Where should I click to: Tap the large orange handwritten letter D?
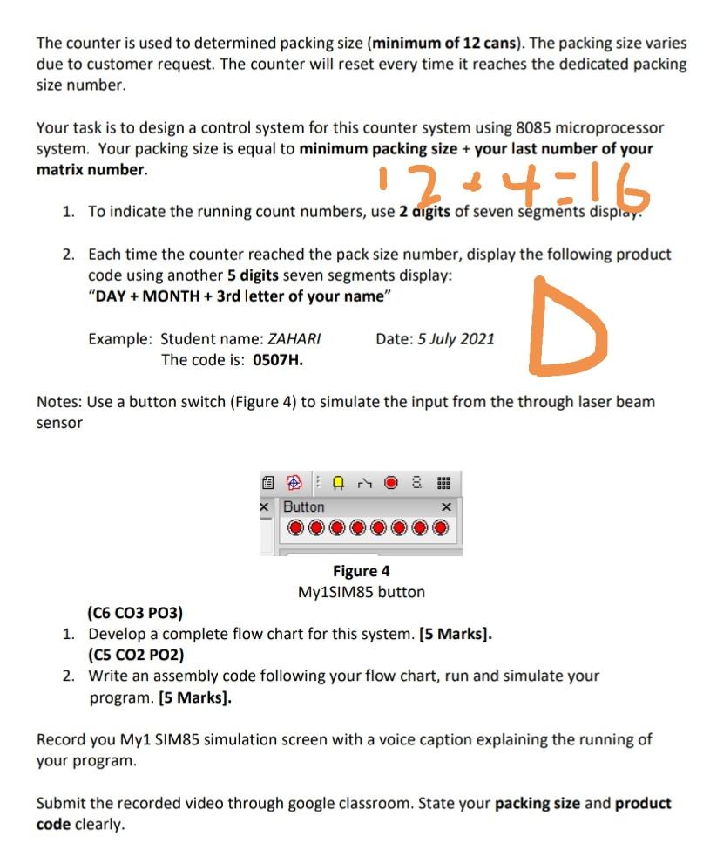(x=566, y=329)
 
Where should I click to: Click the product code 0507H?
(x=277, y=359)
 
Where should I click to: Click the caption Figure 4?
(x=362, y=571)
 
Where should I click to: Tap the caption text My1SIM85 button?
(x=362, y=592)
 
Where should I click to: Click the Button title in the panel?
(x=304, y=506)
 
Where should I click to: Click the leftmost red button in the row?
(x=294, y=528)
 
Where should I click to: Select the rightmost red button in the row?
(x=442, y=528)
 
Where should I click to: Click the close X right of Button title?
(x=446, y=506)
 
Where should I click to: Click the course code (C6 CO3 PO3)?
(x=135, y=613)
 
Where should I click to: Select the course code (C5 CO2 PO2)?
(x=135, y=655)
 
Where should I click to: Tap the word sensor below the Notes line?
(x=59, y=423)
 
